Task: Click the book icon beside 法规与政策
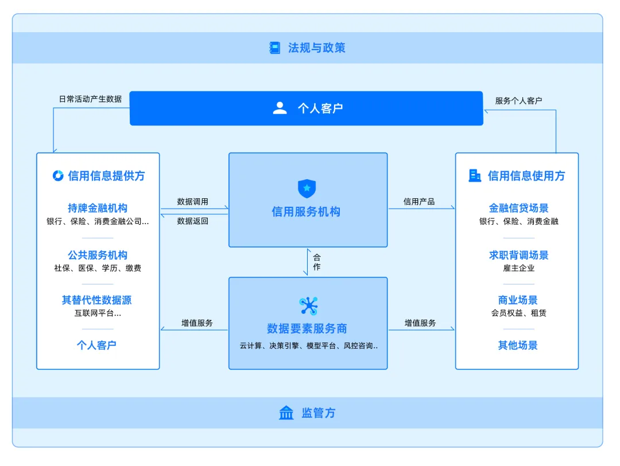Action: [x=275, y=48]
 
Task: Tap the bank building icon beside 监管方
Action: [x=286, y=413]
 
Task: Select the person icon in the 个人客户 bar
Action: [x=280, y=108]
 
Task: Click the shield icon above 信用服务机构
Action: [x=307, y=188]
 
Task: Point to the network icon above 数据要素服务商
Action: [x=308, y=306]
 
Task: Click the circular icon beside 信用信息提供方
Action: [x=58, y=176]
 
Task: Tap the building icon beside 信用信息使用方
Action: [x=475, y=176]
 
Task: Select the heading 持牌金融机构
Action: [x=98, y=208]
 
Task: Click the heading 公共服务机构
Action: [x=98, y=255]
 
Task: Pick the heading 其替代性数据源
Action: [x=97, y=300]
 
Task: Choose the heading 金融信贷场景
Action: [x=518, y=208]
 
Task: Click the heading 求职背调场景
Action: [x=518, y=255]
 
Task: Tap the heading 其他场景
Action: [x=518, y=345]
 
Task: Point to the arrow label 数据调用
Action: [x=193, y=202]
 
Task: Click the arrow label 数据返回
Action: [x=193, y=221]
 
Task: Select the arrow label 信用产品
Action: [x=419, y=202]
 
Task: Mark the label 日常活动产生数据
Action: [x=90, y=99]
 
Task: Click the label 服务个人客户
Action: [x=518, y=101]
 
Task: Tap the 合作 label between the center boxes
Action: [x=317, y=263]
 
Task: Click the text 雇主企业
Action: [x=518, y=268]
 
